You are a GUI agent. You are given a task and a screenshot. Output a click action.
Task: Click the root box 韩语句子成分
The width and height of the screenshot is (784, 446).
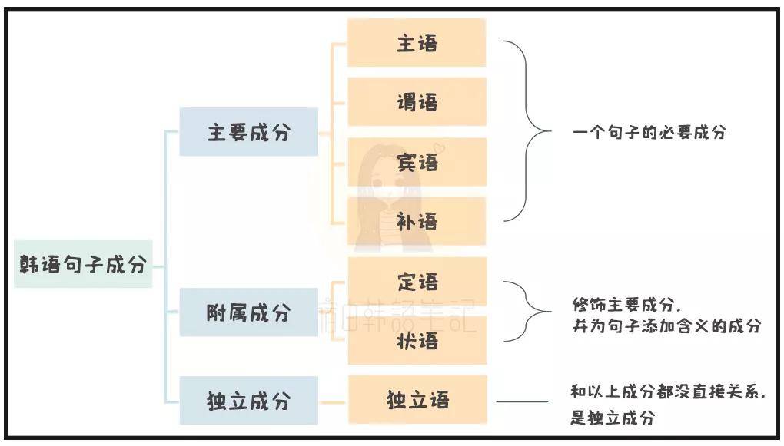83,265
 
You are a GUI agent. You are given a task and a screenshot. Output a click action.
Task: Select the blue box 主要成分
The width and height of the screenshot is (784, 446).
248,132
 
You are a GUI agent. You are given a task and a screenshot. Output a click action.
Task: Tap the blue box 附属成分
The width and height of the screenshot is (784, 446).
248,312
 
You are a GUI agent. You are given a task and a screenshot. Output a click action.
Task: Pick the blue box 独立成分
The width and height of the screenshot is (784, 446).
248,401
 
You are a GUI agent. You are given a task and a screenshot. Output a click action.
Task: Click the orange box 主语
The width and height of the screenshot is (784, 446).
417,43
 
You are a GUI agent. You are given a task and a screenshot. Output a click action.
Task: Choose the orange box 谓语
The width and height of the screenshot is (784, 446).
417,101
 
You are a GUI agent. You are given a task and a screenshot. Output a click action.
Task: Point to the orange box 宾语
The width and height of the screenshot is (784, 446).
417,162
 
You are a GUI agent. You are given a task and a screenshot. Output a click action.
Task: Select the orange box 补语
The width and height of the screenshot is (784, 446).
417,222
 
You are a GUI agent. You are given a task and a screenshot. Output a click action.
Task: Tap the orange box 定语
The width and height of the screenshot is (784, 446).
417,282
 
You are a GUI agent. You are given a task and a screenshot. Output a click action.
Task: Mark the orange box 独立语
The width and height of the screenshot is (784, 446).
417,400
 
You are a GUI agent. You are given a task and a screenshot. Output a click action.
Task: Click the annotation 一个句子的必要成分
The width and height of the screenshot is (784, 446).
649,132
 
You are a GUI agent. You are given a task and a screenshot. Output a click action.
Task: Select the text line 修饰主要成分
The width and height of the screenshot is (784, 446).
627,303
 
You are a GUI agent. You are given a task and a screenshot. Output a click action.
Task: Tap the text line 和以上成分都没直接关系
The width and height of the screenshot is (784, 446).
668,391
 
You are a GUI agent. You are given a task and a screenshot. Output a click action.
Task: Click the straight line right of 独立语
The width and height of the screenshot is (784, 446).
522,401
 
